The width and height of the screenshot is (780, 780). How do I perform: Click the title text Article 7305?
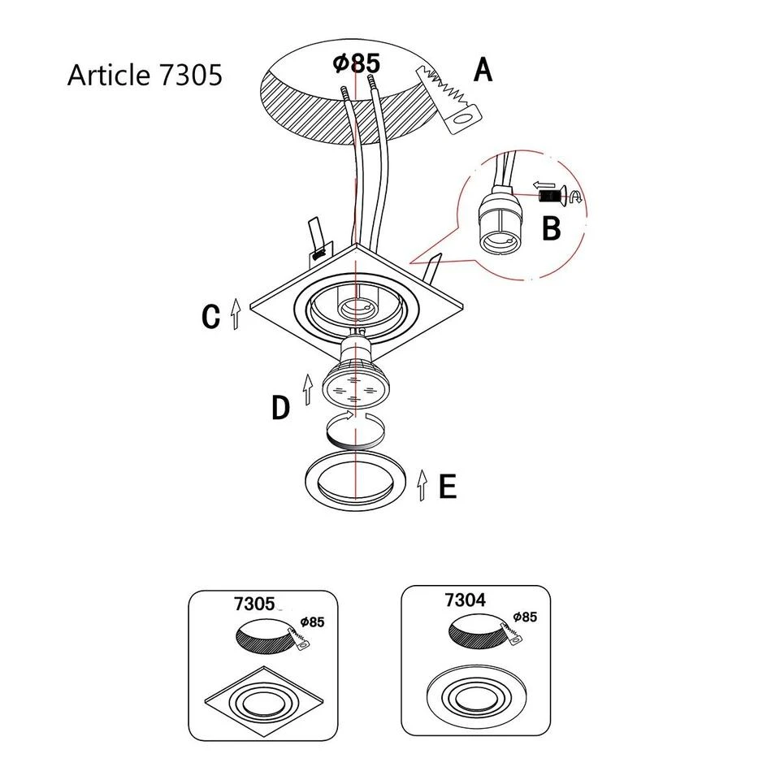point(145,75)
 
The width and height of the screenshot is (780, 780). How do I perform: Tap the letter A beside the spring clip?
point(483,71)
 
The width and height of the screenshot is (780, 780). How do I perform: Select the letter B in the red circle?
point(551,228)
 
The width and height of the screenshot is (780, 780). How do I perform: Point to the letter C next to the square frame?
point(211,317)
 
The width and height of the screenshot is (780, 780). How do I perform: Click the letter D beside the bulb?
point(280,408)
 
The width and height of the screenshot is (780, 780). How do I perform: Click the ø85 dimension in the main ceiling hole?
point(357,63)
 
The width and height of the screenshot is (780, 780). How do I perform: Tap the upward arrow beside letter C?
point(236,313)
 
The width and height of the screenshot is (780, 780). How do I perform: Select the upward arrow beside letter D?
point(307,389)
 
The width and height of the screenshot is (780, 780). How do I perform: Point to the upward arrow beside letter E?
point(421,484)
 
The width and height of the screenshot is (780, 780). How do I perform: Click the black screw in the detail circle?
point(552,196)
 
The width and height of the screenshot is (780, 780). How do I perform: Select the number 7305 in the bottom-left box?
point(253,604)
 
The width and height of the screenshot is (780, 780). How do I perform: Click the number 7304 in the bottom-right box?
point(466,600)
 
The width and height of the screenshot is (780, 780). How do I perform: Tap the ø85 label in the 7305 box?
point(311,622)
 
